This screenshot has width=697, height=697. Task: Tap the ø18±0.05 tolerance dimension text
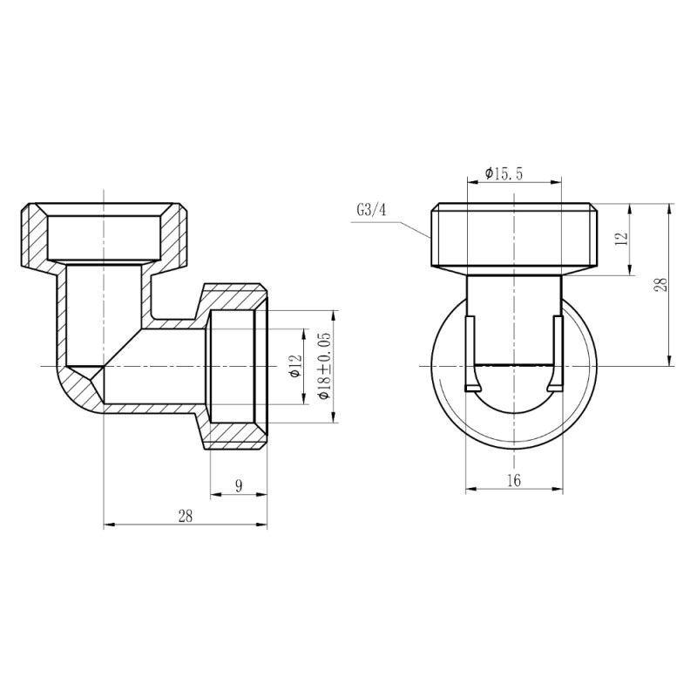tap(324, 367)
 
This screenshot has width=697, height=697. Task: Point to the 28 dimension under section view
tap(185, 516)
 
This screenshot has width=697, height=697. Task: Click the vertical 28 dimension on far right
tap(661, 285)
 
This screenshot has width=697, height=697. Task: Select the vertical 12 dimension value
tap(621, 240)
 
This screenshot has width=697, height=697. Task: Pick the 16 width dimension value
tap(513, 481)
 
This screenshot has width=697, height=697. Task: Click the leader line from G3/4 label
tap(409, 226)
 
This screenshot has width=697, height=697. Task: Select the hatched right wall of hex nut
tap(174, 235)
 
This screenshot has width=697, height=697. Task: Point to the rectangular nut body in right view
tap(514, 235)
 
